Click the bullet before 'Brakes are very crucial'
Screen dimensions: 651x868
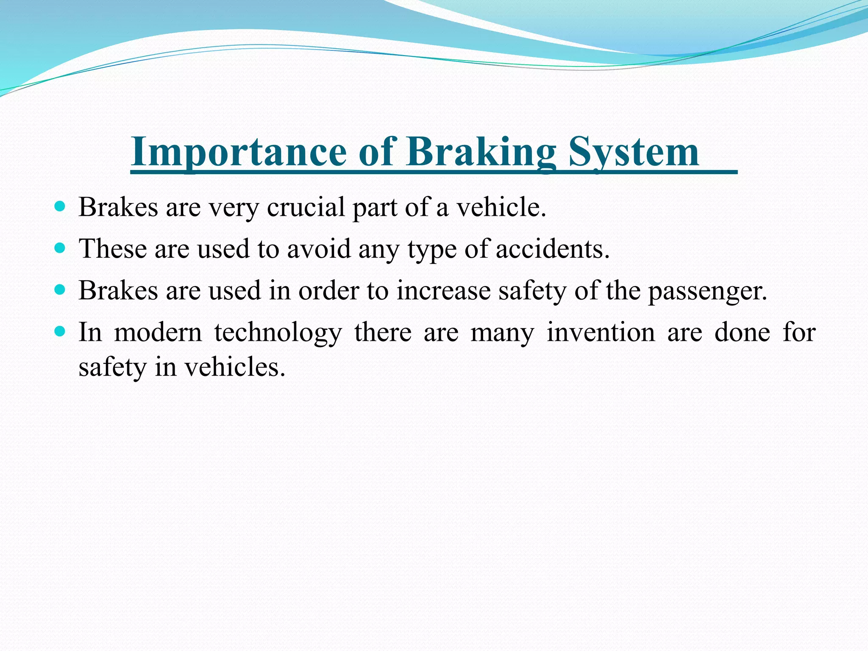[x=60, y=207]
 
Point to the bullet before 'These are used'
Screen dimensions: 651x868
[x=60, y=248]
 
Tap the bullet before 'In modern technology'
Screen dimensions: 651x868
[x=60, y=331]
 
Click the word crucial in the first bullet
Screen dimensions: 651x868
[x=306, y=207]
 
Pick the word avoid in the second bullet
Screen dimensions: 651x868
[x=319, y=249]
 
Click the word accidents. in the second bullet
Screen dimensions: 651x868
[x=552, y=249]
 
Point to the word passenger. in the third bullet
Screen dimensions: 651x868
[x=707, y=292]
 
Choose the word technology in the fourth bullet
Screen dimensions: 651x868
[x=278, y=333]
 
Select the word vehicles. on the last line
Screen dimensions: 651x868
[x=235, y=367]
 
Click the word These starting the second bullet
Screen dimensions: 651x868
[x=112, y=249]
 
